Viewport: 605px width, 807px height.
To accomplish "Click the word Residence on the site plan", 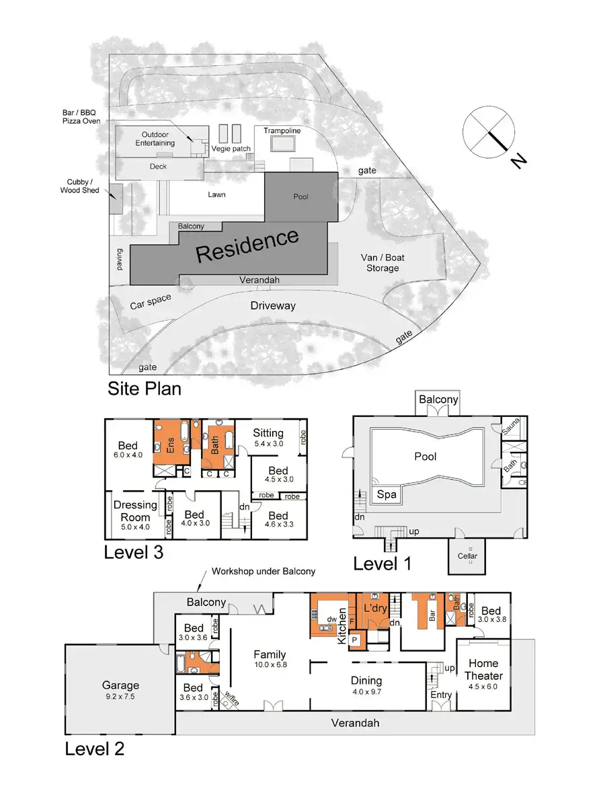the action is pos(247,245).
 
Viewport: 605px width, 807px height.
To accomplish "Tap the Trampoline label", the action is pos(282,130).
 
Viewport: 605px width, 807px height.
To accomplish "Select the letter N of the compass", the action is pos(516,161).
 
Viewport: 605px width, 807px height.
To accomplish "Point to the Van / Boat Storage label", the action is pos(382,263).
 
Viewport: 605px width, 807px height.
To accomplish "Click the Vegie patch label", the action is pos(231,149).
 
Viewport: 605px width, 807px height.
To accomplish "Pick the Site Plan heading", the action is pos(145,389).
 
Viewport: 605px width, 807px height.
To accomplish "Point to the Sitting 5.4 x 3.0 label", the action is pos(268,438).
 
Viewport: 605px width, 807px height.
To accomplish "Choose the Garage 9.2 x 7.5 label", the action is pos(120,691).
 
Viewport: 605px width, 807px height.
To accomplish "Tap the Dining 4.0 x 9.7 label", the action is pos(366,685).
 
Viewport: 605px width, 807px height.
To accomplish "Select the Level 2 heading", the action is pos(94,749).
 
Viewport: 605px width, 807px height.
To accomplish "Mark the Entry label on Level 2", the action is pos(442,694).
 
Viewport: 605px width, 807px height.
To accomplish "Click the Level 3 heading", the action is pos(133,553).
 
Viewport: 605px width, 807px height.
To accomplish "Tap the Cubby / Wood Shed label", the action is pos(83,186).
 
